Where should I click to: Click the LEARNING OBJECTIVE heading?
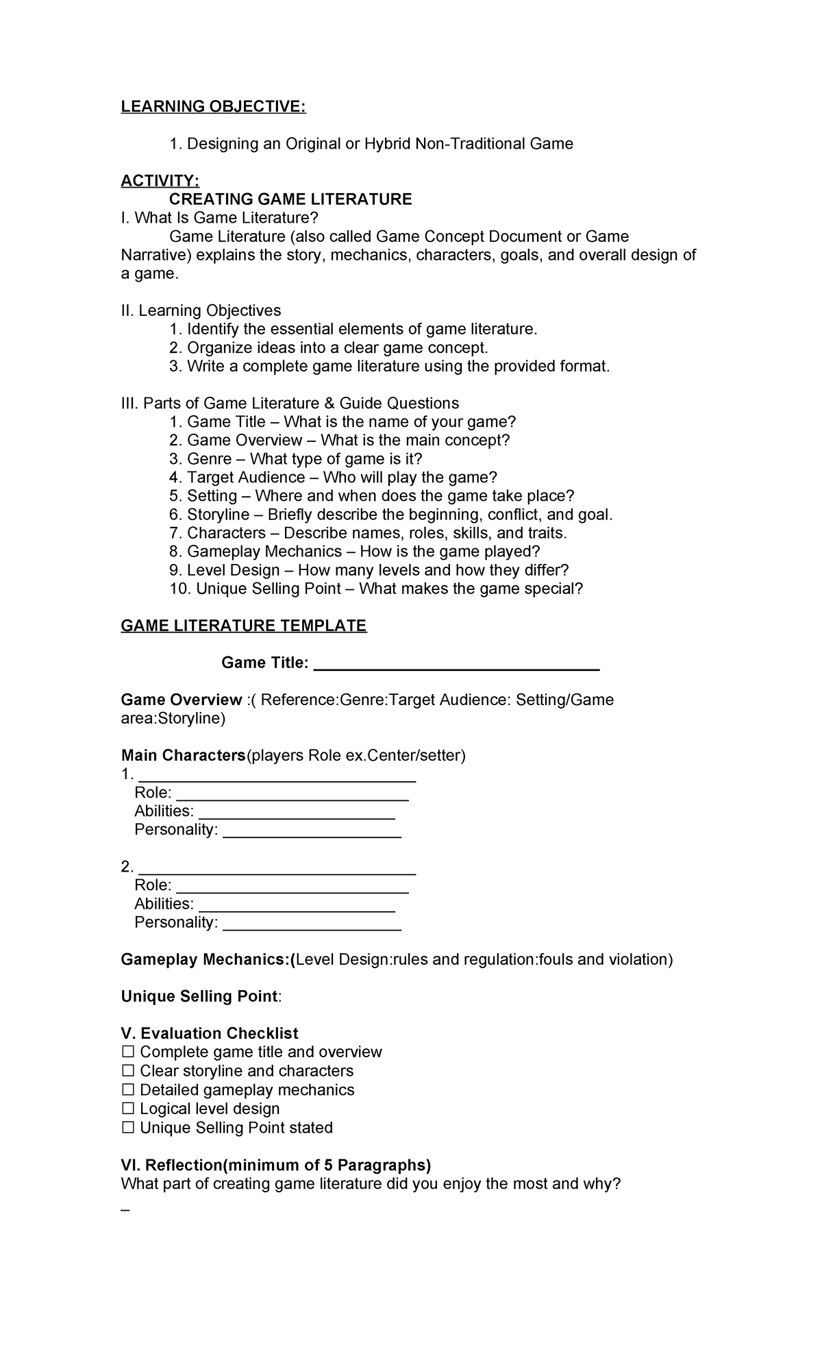click(213, 107)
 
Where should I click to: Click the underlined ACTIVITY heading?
click(160, 181)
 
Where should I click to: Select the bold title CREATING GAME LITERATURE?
click(290, 199)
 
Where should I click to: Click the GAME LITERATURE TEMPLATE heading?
click(244, 626)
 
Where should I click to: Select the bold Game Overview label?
click(181, 700)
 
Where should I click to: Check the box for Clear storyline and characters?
click(128, 1071)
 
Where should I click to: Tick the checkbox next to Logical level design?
click(128, 1109)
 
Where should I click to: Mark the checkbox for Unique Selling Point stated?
click(128, 1128)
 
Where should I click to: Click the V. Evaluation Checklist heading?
click(210, 1033)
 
